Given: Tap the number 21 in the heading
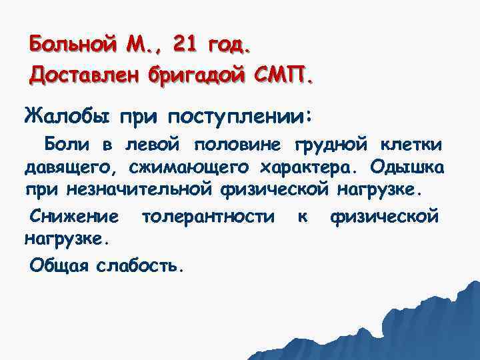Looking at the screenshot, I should pyautogui.click(x=185, y=46).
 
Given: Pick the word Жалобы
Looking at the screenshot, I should pyautogui.click(x=64, y=117).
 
